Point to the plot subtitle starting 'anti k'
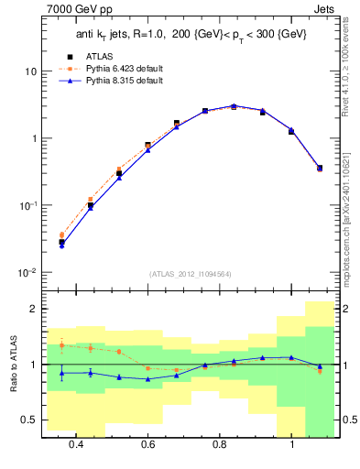pos(191,35)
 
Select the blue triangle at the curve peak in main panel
pos(234,106)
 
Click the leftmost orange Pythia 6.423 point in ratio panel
pos(61,344)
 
